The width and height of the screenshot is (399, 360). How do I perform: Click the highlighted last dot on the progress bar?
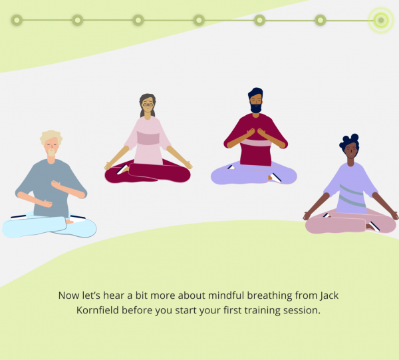(380, 20)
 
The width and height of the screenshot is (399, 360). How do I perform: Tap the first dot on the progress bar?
(17, 20)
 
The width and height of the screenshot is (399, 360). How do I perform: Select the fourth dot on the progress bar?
(199, 20)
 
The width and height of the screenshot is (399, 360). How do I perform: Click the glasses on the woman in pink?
(148, 104)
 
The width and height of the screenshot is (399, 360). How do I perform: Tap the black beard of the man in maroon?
(256, 106)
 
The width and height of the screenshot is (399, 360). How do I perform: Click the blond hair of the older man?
(50, 136)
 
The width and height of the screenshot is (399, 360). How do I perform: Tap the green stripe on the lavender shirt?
(352, 197)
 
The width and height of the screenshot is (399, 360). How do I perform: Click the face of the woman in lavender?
(350, 152)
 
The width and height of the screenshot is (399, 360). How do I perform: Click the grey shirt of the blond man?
(47, 180)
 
